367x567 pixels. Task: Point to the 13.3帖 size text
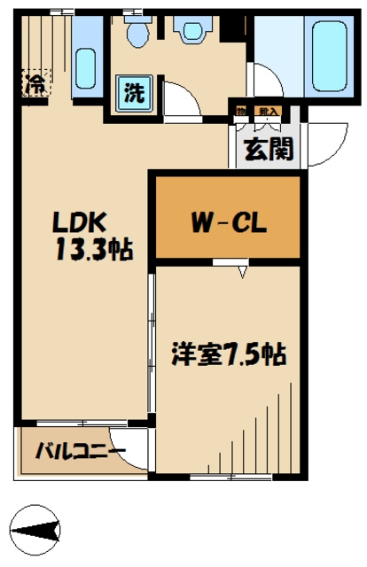point(94,251)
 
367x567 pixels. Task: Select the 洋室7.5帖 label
point(228,356)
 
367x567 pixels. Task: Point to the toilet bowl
point(137,33)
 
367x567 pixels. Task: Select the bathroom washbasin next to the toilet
point(191,32)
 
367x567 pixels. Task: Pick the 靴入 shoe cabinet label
point(267,112)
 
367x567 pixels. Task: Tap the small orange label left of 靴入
point(240,112)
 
